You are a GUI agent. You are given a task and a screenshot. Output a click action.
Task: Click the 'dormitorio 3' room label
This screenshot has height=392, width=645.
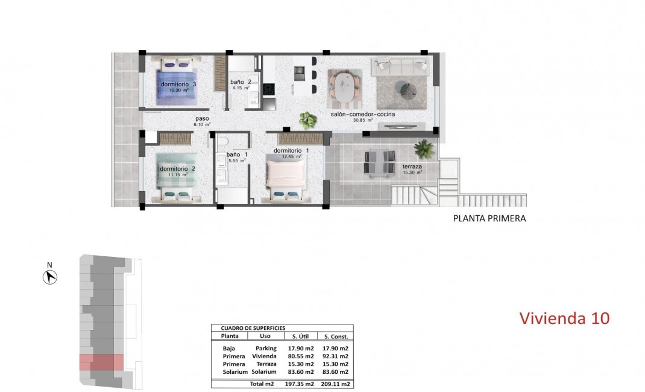pyautogui.click(x=178, y=84)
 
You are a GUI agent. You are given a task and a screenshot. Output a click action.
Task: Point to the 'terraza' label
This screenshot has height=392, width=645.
pyautogui.click(x=412, y=166)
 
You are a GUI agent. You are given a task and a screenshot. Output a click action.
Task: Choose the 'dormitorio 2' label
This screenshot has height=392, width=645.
pyautogui.click(x=177, y=169)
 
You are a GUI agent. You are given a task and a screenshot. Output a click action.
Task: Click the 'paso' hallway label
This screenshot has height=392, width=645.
pyautogui.click(x=201, y=119)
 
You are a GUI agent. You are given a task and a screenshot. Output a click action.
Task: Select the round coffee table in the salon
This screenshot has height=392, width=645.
pyautogui.click(x=408, y=90)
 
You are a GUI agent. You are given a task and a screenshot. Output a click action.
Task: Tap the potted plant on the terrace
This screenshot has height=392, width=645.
pyautogui.click(x=424, y=148)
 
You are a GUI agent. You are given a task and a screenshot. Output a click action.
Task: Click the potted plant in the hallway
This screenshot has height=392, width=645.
pyautogui.click(x=308, y=120)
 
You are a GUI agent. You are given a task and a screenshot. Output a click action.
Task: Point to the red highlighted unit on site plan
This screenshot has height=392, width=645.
pyautogui.click(x=101, y=362)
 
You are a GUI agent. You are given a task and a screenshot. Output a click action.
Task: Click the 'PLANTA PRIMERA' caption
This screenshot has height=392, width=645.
pyautogui.click(x=489, y=219)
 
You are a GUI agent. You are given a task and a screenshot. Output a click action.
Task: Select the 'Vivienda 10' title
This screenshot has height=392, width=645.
pyautogui.click(x=564, y=318)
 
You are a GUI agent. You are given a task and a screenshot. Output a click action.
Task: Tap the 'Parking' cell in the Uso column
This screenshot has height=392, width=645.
pyautogui.click(x=266, y=348)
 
